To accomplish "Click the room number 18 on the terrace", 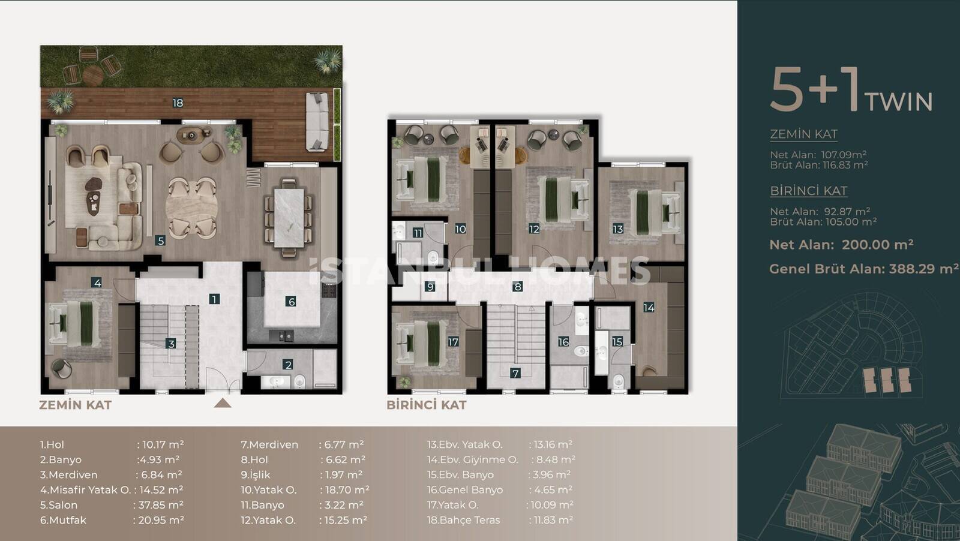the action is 178,103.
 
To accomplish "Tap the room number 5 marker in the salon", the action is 161,241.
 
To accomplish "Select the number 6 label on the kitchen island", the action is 291,302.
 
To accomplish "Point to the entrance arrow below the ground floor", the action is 223,403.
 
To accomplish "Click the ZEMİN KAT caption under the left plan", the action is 76,405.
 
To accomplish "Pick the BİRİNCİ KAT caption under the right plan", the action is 427,405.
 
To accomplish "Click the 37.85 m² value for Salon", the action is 161,505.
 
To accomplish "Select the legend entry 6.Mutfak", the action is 63,520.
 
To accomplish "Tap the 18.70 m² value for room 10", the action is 347,489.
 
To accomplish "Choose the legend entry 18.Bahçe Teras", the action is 463,520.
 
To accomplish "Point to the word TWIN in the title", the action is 898,102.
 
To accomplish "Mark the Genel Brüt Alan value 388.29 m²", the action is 923,269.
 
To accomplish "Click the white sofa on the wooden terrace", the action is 317,122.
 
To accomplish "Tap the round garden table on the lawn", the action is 92,76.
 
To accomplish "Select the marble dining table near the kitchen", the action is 289,218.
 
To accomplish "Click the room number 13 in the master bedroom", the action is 617,229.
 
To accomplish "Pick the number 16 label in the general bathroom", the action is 563,342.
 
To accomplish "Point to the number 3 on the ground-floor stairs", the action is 170,343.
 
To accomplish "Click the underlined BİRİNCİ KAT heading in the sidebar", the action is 808,191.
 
